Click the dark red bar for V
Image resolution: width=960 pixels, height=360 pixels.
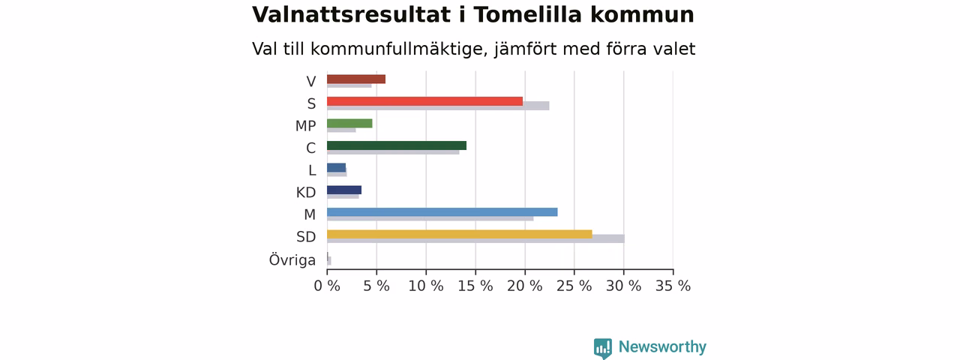click(356, 79)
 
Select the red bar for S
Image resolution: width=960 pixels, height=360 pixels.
click(424, 101)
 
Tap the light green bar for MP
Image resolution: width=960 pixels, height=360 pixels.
click(349, 124)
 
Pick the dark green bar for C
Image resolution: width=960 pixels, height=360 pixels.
click(397, 145)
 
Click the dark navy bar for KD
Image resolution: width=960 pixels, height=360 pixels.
click(344, 190)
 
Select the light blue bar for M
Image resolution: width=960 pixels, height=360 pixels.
click(442, 212)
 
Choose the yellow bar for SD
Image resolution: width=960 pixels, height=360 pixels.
click(460, 235)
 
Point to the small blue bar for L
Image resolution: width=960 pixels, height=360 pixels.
click(337, 167)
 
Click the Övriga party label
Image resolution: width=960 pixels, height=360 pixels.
click(292, 259)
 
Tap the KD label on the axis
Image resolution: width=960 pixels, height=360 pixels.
click(306, 193)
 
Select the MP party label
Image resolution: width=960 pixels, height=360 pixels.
click(305, 126)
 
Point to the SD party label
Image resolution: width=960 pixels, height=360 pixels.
click(306, 236)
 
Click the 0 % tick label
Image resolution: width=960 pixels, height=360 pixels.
click(327, 286)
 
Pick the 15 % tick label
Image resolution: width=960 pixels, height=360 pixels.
click(475, 286)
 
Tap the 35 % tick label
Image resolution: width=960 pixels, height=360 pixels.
click(673, 286)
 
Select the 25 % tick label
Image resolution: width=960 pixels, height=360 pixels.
click(574, 286)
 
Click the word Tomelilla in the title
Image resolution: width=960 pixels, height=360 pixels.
click(527, 14)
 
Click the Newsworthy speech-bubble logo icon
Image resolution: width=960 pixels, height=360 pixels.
click(603, 348)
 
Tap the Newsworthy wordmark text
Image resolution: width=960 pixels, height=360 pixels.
click(662, 346)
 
